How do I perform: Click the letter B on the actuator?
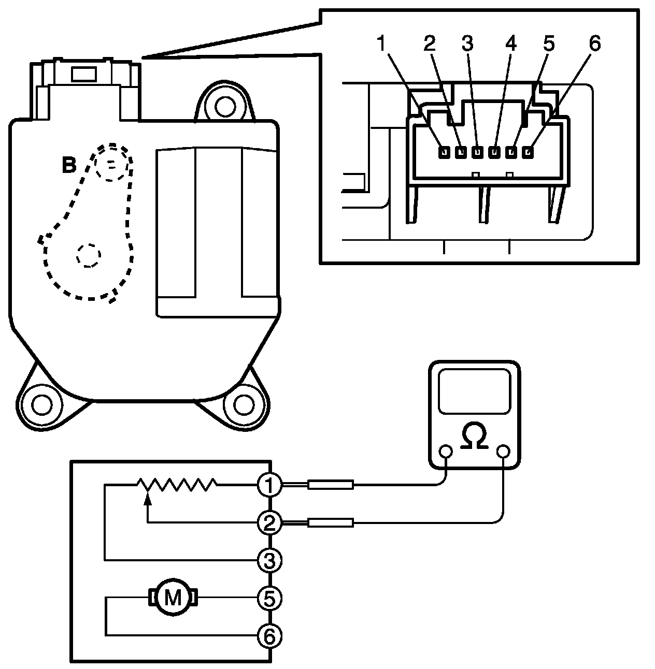pyautogui.click(x=69, y=166)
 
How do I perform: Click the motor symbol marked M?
pyautogui.click(x=173, y=598)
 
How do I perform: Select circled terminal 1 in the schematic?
pyautogui.click(x=269, y=485)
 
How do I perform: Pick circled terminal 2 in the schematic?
pyautogui.click(x=269, y=523)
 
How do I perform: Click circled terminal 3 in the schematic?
pyautogui.click(x=269, y=560)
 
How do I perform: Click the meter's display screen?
pyautogui.click(x=474, y=391)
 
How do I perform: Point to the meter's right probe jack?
pyautogui.click(x=503, y=453)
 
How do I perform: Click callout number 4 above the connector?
pyautogui.click(x=510, y=44)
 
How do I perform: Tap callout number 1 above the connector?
pyautogui.click(x=382, y=44)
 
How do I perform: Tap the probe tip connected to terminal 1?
pyautogui.click(x=331, y=485)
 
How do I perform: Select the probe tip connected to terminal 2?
pyautogui.click(x=331, y=523)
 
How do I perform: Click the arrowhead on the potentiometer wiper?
pyautogui.click(x=148, y=499)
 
